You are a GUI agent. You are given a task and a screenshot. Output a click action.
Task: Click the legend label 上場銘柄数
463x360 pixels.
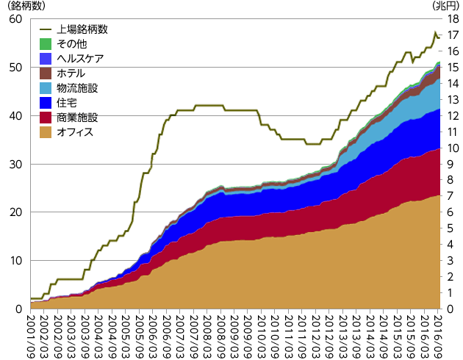click(x=82, y=30)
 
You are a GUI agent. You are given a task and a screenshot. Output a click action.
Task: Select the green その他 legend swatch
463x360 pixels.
click(x=45, y=44)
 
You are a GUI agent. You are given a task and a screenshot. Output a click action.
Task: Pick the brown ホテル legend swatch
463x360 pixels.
click(x=45, y=73)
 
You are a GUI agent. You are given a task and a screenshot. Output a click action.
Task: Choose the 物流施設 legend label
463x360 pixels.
click(x=77, y=88)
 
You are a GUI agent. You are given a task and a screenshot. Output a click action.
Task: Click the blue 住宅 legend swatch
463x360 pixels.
click(x=45, y=103)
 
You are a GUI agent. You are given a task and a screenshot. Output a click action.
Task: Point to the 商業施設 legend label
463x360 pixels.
click(x=77, y=118)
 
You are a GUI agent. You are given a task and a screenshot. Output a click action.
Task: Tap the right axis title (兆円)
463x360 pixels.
click(x=445, y=6)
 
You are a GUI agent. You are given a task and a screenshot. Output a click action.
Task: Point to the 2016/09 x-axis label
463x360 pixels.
click(x=439, y=335)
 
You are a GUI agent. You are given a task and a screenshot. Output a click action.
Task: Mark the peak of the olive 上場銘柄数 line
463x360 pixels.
click(x=435, y=32)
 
